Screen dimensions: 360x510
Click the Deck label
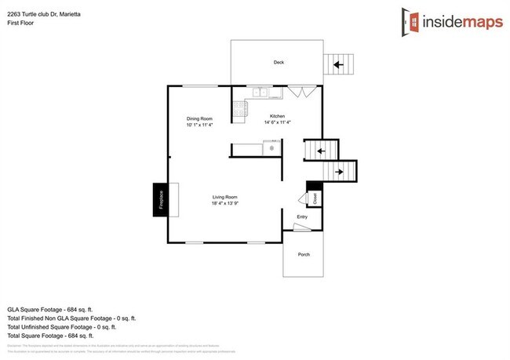278,62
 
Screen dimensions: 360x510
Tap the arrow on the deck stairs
339,65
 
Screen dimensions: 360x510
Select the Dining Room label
199,118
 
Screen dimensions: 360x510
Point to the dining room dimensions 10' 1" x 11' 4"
199,125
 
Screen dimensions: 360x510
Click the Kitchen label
278,116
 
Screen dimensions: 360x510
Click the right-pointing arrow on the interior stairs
339,170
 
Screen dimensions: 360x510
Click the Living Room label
224,197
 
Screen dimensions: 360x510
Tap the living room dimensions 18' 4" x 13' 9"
224,204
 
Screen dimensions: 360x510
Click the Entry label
302,217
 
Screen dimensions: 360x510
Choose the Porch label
302,255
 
